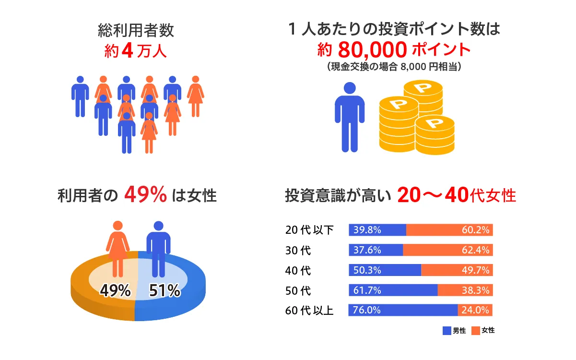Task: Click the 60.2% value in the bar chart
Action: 475,230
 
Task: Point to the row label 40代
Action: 298,270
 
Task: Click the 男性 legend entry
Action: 454,331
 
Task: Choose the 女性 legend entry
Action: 483,331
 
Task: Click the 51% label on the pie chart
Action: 165,290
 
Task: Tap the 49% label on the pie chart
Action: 115,290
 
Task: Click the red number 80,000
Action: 373,49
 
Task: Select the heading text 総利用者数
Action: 135,32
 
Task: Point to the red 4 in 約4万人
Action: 127,51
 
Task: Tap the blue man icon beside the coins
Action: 350,117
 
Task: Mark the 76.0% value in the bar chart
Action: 367,310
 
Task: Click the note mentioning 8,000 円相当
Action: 394,67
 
